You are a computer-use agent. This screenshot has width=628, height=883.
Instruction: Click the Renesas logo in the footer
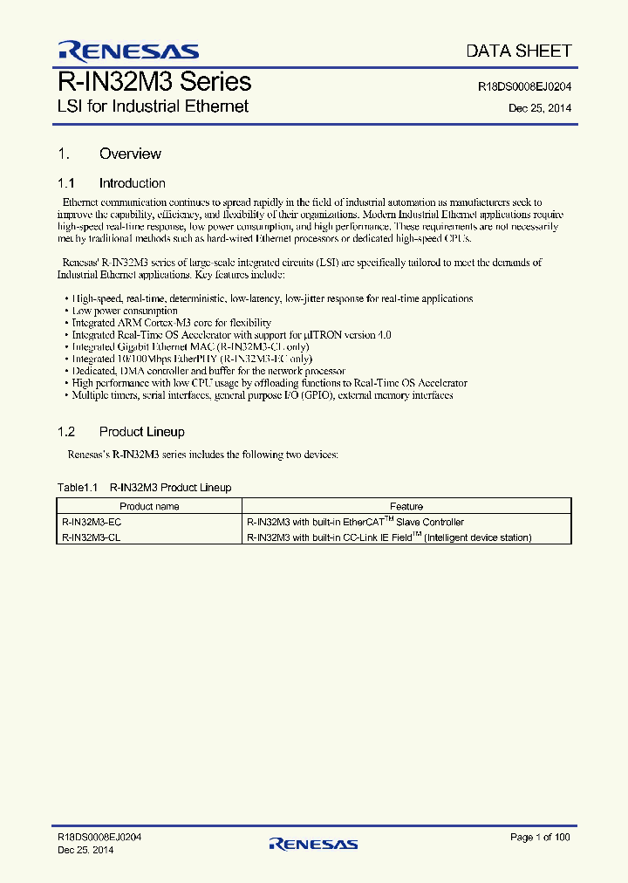pyautogui.click(x=313, y=844)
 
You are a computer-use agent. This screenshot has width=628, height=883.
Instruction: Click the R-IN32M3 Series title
pyautogui.click(x=154, y=82)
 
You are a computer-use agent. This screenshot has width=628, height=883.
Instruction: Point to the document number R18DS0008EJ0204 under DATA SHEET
pyautogui.click(x=525, y=87)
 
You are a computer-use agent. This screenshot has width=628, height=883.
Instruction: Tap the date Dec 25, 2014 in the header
pyautogui.click(x=540, y=109)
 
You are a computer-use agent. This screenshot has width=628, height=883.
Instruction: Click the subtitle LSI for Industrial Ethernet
pyautogui.click(x=153, y=106)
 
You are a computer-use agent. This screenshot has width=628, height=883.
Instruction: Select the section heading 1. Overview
pyautogui.click(x=110, y=154)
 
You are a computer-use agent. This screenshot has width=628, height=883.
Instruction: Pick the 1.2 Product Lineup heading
pyautogui.click(x=121, y=432)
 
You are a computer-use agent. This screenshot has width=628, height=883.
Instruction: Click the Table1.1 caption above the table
pyautogui.click(x=144, y=488)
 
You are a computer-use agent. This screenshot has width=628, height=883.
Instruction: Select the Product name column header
pyautogui.click(x=149, y=506)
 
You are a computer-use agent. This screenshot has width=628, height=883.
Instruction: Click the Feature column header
pyautogui.click(x=406, y=506)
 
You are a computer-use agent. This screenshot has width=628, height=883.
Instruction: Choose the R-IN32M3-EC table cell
pyautogui.click(x=92, y=522)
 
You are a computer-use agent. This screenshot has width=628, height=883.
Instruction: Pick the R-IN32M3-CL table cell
pyautogui.click(x=91, y=537)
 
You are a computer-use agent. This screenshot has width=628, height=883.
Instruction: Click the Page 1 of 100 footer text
pyautogui.click(x=541, y=838)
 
